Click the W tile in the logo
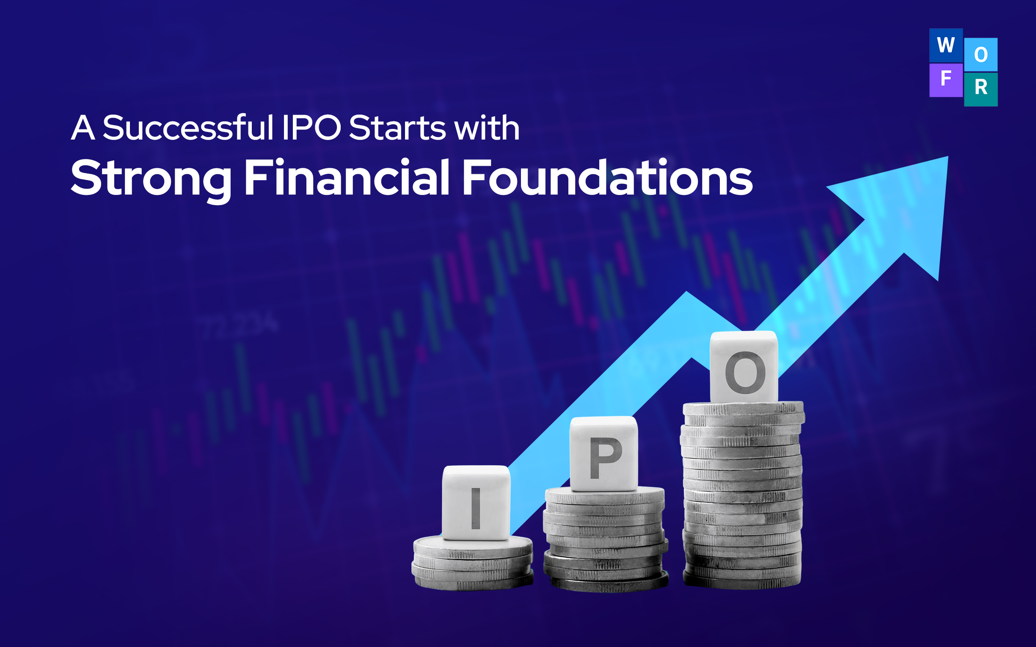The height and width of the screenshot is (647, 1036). tap(946, 45)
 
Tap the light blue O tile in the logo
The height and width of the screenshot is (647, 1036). tap(981, 55)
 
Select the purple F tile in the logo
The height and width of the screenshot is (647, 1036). tap(946, 80)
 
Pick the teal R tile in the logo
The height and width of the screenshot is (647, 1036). tap(981, 89)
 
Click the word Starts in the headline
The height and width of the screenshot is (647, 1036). tap(398, 128)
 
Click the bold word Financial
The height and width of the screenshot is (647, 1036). tap(347, 177)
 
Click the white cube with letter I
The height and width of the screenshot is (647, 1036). tap(476, 503)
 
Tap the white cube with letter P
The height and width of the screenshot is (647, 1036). tap(603, 454)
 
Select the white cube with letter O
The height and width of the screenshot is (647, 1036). tap(744, 367)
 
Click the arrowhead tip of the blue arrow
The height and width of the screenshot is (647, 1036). tap(948, 156)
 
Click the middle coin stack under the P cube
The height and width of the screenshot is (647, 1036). tap(605, 539)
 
